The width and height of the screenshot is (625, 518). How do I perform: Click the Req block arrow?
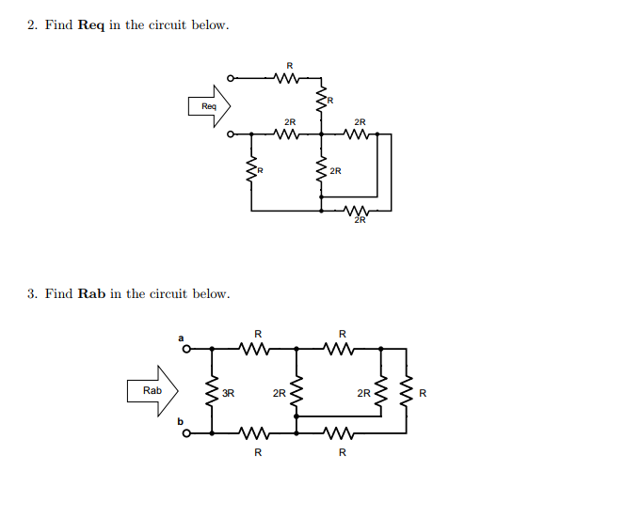click(x=210, y=106)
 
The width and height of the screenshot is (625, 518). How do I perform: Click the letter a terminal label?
click(x=181, y=336)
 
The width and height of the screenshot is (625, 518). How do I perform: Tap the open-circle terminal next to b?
click(x=186, y=433)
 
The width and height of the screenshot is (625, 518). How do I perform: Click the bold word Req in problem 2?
click(x=90, y=24)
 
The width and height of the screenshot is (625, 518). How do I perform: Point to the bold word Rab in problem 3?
click(x=91, y=293)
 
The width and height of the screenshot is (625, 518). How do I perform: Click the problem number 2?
click(x=31, y=24)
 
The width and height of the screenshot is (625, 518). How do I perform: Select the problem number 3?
click(x=31, y=293)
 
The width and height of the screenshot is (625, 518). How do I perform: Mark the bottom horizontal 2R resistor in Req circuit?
click(x=356, y=211)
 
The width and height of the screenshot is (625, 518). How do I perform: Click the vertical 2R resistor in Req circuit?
click(x=322, y=171)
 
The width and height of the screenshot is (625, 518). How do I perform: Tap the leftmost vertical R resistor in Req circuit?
click(x=250, y=171)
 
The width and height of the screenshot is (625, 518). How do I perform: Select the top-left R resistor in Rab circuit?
click(x=256, y=349)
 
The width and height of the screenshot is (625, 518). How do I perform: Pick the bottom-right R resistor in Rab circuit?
click(x=341, y=433)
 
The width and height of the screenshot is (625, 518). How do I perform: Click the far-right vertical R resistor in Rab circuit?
click(x=407, y=391)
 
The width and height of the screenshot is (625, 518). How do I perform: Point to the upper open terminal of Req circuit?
click(x=231, y=78)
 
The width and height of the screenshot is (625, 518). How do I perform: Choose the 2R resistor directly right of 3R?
click(x=297, y=391)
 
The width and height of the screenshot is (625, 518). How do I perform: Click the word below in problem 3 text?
click(x=212, y=293)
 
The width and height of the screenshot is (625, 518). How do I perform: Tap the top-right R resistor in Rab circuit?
click(x=341, y=349)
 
